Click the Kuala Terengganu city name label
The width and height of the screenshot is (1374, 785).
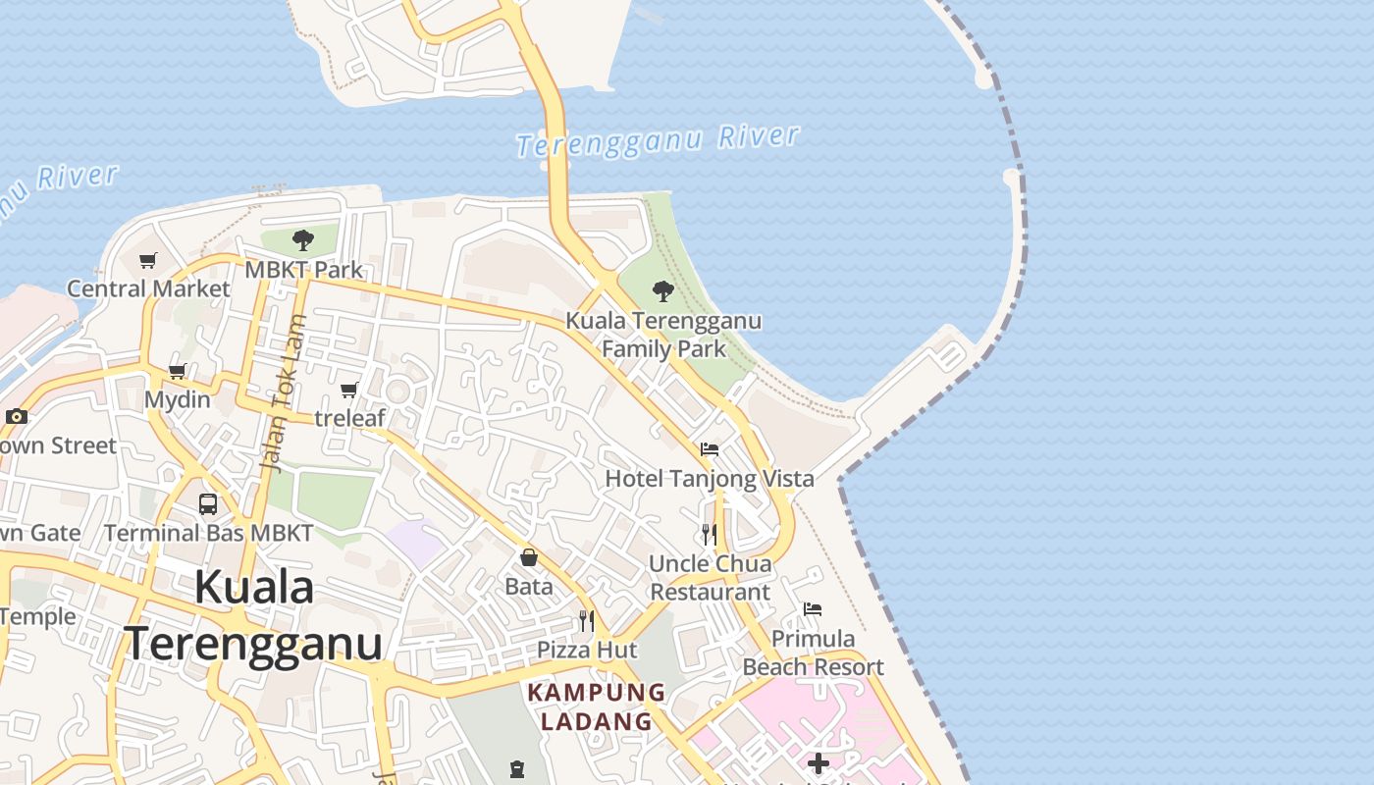tap(253, 615)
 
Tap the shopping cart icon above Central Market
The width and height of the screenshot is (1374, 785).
tap(148, 260)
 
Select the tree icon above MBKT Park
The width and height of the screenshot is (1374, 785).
tap(303, 239)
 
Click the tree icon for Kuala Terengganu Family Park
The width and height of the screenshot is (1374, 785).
tap(663, 290)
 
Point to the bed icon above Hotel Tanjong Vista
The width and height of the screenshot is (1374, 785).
tap(710, 449)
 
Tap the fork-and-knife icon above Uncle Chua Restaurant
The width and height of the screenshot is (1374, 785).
tap(710, 535)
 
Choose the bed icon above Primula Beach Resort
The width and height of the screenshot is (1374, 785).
tap(813, 609)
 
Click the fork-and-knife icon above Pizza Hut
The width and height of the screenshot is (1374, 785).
tap(587, 620)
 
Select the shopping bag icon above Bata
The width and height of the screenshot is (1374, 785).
tap(529, 557)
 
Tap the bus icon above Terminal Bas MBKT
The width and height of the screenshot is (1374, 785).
tap(208, 504)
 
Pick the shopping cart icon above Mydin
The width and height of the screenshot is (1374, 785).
tap(178, 371)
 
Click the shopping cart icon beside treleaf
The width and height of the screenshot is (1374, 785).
tap(348, 391)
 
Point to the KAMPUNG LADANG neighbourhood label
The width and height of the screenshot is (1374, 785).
tap(597, 706)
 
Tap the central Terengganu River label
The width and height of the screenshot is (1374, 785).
tap(658, 141)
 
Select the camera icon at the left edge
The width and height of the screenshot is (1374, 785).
tap(16, 416)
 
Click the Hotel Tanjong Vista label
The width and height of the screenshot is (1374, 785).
tap(710, 479)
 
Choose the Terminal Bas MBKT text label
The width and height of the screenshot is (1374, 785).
tap(209, 534)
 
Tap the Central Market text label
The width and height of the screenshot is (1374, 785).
tap(148, 288)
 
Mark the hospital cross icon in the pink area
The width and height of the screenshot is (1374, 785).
tap(819, 762)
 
